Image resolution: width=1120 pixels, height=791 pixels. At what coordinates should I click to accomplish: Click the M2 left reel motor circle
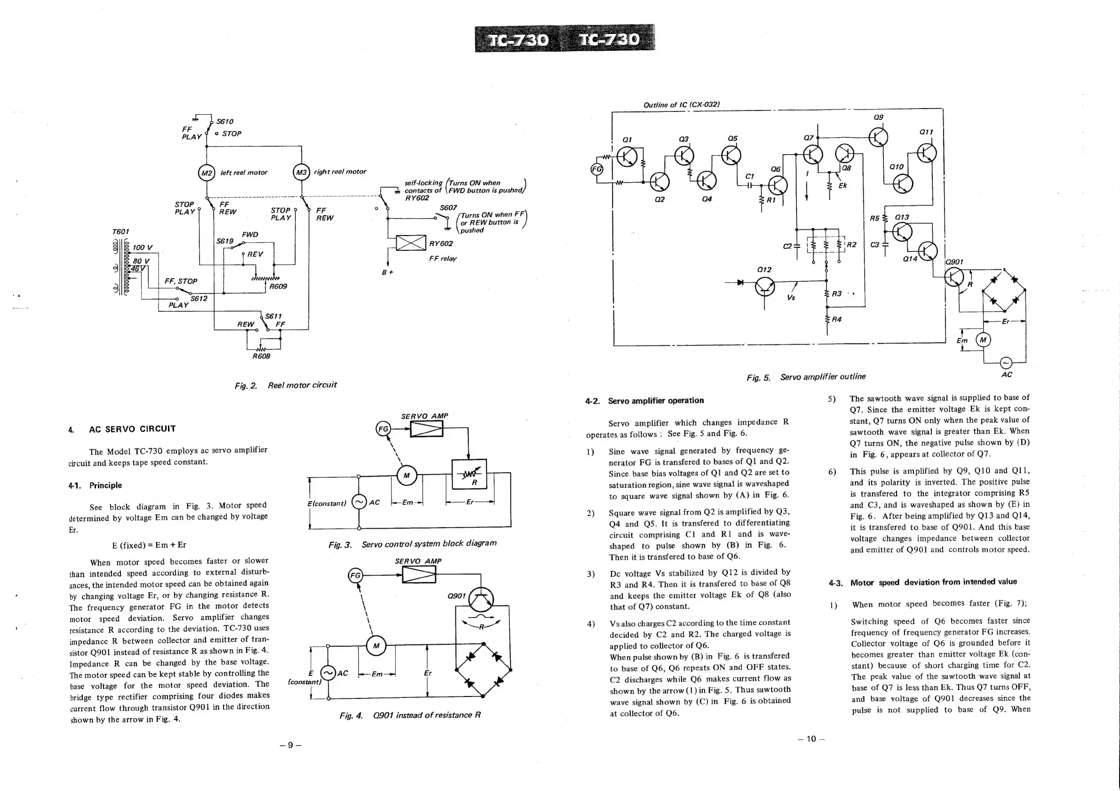tap(207, 173)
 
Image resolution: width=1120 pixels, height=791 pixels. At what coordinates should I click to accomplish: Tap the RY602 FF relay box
tap(411, 243)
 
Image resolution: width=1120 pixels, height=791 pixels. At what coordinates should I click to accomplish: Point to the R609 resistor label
tap(278, 287)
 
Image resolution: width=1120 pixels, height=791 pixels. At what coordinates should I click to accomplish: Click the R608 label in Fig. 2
tap(261, 356)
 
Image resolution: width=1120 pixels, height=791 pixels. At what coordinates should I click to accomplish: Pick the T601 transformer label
tap(120, 232)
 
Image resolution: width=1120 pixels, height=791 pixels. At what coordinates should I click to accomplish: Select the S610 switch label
tap(224, 121)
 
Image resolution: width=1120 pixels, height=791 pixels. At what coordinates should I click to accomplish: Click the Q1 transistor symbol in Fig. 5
tap(627, 157)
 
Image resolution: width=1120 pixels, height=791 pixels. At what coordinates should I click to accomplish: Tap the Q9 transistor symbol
tap(878, 137)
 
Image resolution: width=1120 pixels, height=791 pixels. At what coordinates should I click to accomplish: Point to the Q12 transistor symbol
tap(764, 287)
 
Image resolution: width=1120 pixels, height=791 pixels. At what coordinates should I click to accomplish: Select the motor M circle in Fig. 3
tap(406, 476)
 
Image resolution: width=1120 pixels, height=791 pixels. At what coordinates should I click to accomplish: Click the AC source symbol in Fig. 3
tap(359, 502)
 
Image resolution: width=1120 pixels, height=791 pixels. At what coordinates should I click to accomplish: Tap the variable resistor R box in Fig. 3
tap(469, 474)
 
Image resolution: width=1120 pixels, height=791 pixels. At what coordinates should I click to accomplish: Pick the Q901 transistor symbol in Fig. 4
tap(481, 599)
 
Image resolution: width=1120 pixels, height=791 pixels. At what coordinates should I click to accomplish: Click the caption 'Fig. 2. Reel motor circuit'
tap(286, 385)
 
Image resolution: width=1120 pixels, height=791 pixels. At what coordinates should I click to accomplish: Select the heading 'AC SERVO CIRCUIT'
tap(132, 429)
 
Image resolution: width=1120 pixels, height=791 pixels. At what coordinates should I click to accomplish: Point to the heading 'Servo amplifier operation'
tap(656, 400)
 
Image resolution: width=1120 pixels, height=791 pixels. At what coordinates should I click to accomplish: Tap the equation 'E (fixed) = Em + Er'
tap(149, 545)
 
